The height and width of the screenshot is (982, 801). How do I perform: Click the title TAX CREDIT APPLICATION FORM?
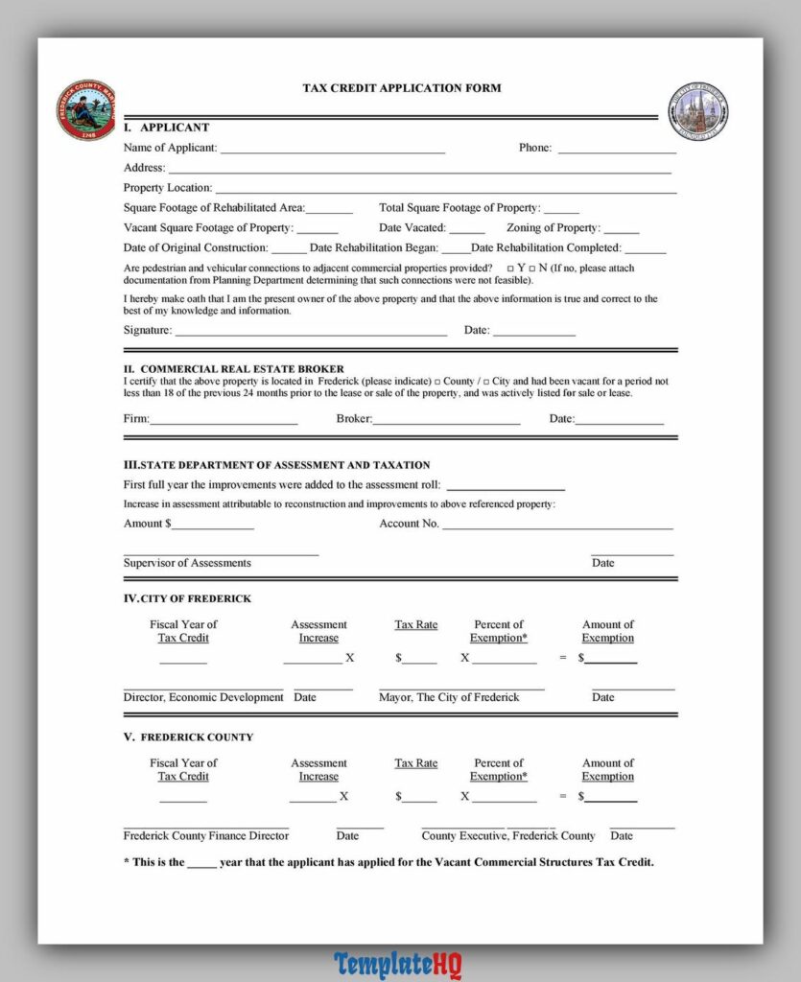tap(401, 88)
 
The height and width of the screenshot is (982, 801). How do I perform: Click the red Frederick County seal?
tap(85, 110)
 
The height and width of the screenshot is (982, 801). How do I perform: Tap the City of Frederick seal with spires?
tap(697, 111)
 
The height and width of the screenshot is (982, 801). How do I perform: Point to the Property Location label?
tap(168, 188)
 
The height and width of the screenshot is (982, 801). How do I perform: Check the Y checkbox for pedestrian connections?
tap(509, 269)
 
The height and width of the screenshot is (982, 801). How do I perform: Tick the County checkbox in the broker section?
tap(436, 382)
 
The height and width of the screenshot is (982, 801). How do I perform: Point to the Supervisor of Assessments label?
tap(187, 563)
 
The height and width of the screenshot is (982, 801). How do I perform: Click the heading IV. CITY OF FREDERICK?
tap(187, 598)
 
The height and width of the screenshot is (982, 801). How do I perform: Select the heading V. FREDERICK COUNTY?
tap(188, 737)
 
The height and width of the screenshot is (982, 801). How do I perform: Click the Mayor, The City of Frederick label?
tap(449, 697)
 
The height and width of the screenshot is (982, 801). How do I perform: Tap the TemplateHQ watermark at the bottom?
tap(398, 964)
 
